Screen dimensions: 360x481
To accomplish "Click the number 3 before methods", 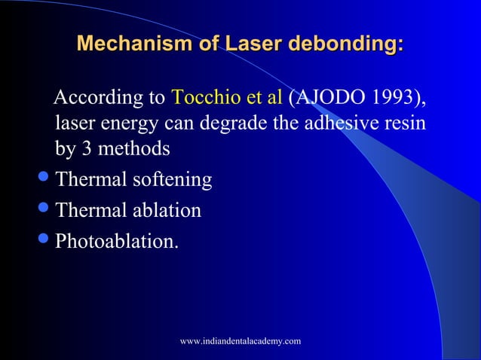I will pos(87,148).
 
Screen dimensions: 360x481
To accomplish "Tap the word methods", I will pos(134,148).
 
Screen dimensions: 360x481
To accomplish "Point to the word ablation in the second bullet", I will pos(169,210).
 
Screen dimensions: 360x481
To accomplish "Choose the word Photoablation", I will pos(117,240).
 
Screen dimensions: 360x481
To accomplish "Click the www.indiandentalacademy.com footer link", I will pos(240,341).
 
